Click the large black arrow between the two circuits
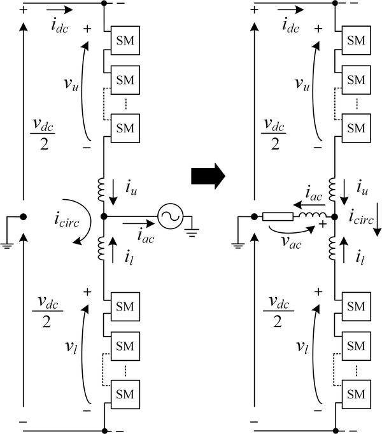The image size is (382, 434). (209, 175)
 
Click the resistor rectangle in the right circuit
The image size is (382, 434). (278, 216)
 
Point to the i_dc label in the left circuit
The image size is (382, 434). (60, 25)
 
